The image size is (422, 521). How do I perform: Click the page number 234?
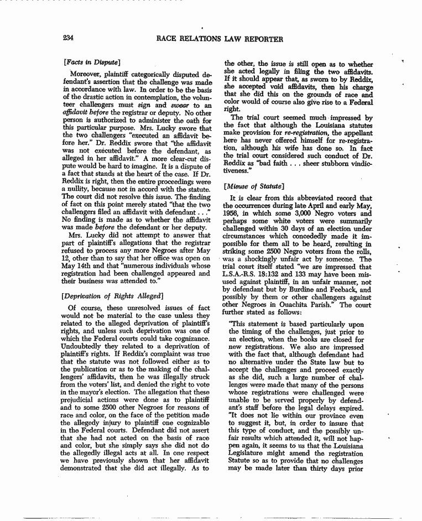(x=69, y=38)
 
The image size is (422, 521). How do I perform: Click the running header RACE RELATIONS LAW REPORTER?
(x=220, y=39)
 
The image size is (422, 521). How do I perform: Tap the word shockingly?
(x=268, y=260)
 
